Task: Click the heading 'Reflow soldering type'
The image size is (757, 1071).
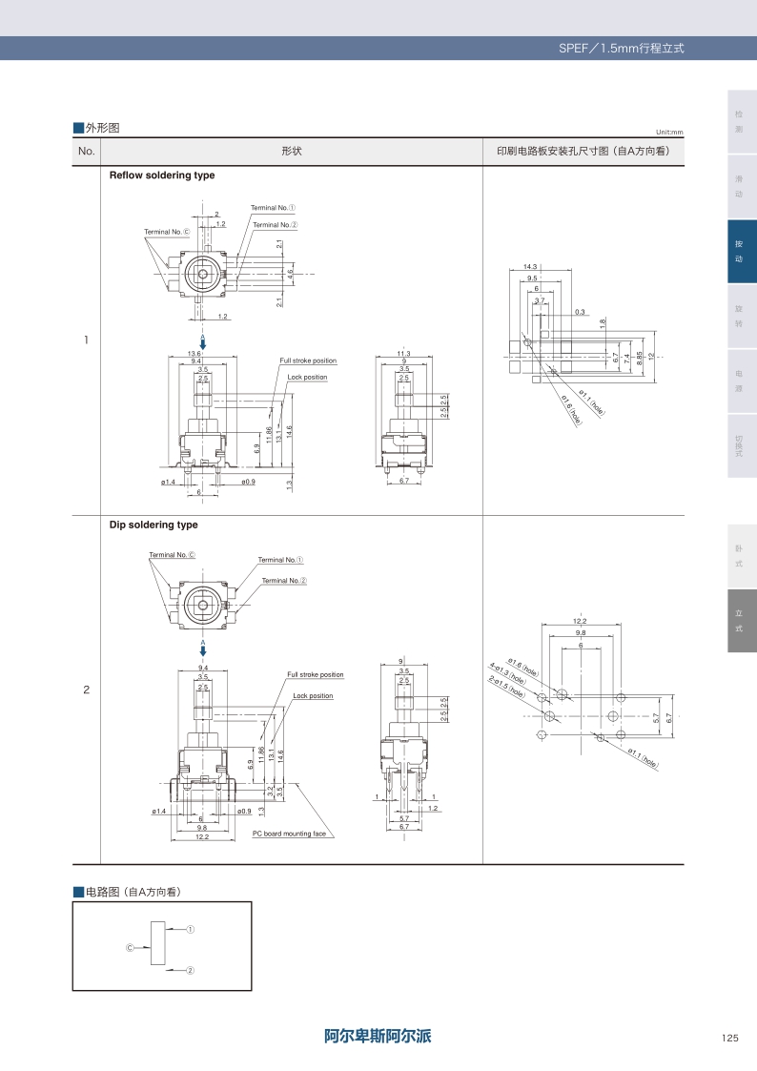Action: click(162, 175)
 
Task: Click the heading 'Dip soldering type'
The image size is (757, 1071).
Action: click(153, 525)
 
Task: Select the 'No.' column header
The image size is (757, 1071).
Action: click(87, 152)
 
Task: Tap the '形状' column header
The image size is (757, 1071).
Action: click(292, 152)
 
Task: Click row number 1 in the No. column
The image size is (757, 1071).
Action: click(87, 340)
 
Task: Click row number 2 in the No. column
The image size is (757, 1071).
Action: click(87, 690)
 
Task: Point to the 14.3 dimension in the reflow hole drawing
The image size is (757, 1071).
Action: click(531, 267)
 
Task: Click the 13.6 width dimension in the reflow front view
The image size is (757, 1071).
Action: click(194, 354)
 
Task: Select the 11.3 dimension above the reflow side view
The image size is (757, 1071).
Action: click(403, 354)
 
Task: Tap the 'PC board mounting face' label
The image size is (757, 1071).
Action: click(289, 834)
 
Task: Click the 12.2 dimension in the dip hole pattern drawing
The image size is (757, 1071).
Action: click(580, 621)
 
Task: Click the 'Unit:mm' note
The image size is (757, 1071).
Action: click(669, 133)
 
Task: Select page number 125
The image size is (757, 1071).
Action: click(730, 1039)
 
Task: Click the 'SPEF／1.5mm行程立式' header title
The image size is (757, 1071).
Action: click(621, 48)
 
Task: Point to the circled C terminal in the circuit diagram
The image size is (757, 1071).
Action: click(130, 948)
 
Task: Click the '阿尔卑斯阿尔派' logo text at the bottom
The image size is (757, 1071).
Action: click(378, 1036)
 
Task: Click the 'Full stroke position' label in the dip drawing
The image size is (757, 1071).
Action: click(315, 674)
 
